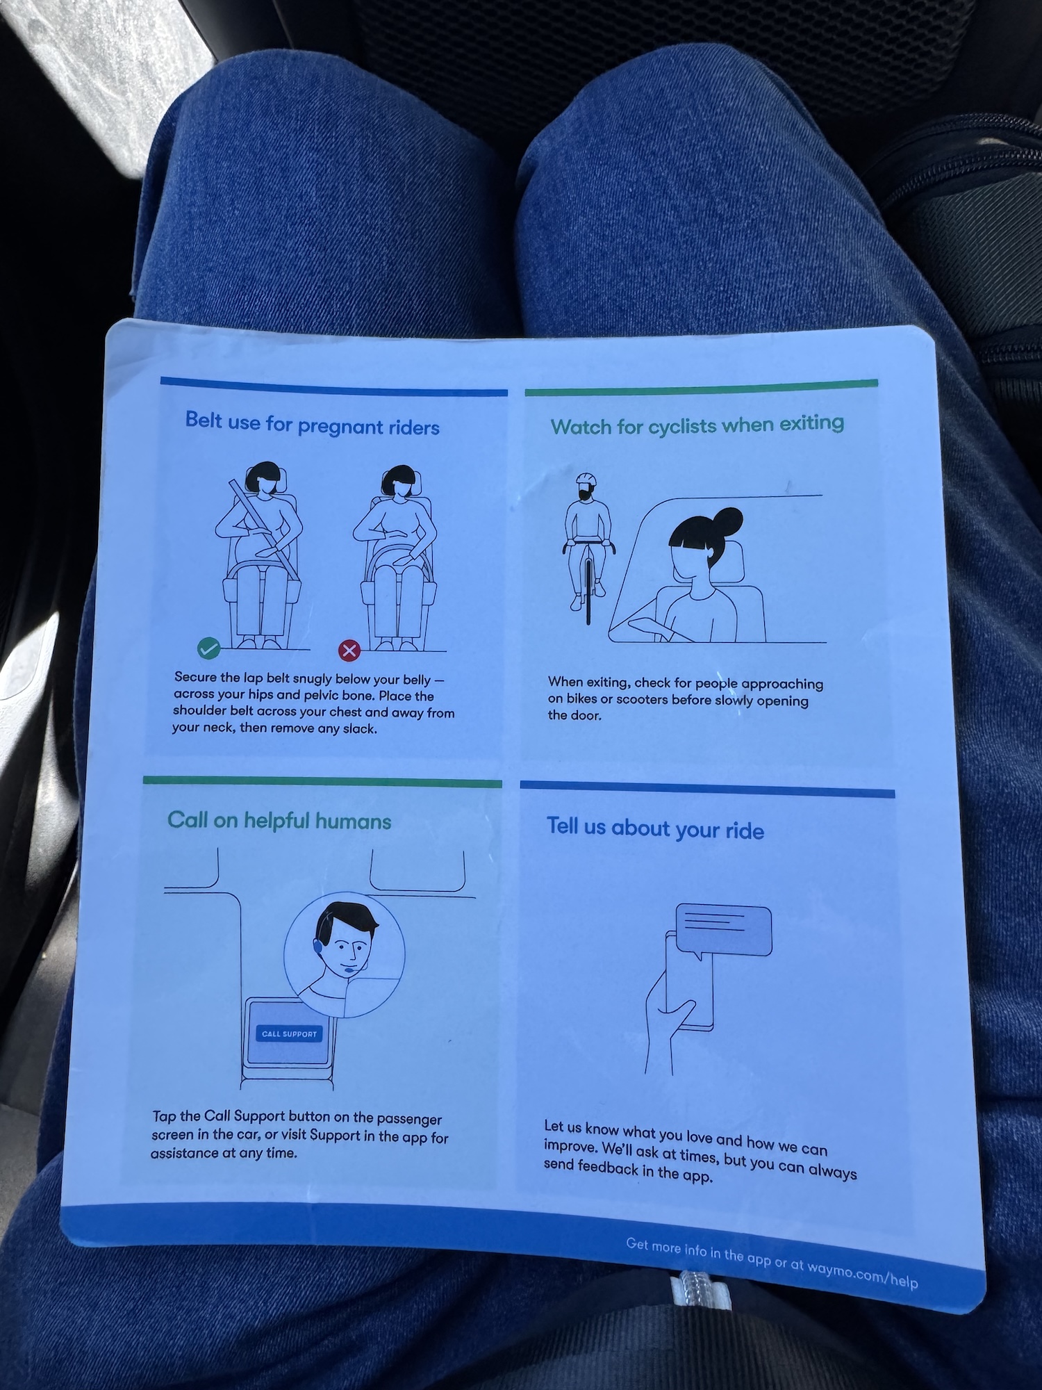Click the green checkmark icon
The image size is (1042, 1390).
point(208,648)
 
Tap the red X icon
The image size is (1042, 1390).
point(349,651)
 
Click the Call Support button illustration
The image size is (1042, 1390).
point(289,1033)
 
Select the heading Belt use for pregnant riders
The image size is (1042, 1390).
point(312,423)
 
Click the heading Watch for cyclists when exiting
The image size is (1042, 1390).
point(697,425)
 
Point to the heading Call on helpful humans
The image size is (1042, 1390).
point(279,821)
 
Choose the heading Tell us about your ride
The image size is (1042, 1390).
point(655,828)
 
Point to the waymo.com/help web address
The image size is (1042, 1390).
point(862,1274)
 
